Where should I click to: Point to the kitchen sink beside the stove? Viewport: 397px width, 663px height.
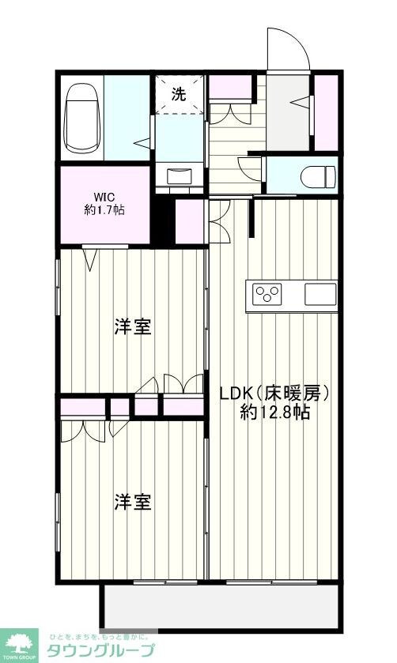coord(321,295)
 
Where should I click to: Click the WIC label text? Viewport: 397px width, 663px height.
coord(105,196)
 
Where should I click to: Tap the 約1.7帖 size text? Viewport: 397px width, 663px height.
coord(105,211)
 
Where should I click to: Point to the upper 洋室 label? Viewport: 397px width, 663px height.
coord(133,326)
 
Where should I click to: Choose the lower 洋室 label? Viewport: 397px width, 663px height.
coord(133,502)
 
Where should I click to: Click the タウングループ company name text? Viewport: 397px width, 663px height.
coord(101,650)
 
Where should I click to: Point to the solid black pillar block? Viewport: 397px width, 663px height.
coord(162,221)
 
